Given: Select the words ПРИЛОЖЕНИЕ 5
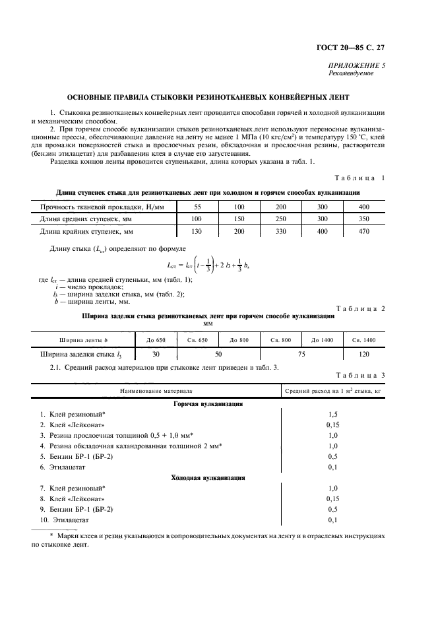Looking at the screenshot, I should coord(358,66).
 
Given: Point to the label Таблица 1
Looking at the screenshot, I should coord(361,178).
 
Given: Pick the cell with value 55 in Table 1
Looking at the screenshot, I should coord(197,207).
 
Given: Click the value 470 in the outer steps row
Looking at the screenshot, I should coord(363,232).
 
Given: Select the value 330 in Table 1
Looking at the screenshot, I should coord(280,232).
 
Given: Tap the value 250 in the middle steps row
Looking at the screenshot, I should coord(280,219).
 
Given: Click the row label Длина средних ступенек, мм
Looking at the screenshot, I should coord(86,219).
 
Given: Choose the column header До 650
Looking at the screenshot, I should coord(156,340).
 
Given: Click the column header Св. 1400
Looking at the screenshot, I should coord(363,340).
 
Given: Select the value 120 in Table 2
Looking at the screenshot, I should coord(363,354).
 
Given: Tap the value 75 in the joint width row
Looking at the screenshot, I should coord(301,354).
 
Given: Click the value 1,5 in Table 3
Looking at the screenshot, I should coord(332,413).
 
